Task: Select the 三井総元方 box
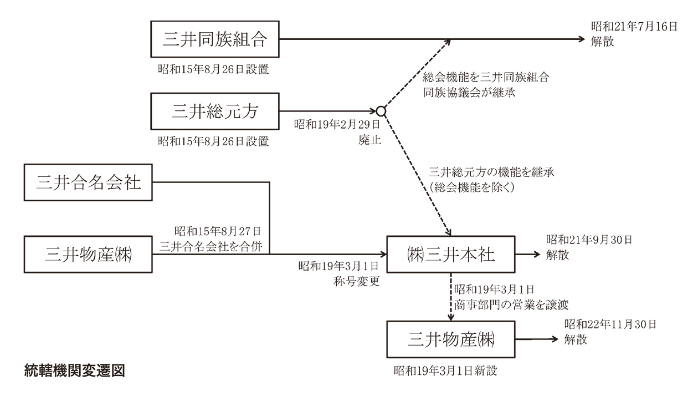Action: (215, 111)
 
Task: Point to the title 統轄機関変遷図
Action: (75, 370)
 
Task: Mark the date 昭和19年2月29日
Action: (338, 124)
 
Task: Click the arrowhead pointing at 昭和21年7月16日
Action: (581, 39)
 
